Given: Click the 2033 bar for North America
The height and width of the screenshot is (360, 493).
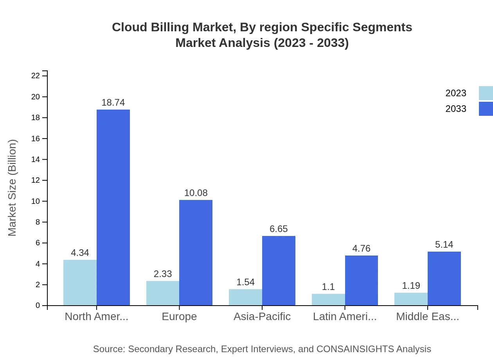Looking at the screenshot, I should (x=113, y=207).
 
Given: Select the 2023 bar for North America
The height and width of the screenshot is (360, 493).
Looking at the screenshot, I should (x=80, y=283).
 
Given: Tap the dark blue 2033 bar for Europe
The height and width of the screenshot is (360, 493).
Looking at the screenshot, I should (x=196, y=252).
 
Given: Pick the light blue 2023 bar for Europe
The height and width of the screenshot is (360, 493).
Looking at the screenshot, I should (x=163, y=293).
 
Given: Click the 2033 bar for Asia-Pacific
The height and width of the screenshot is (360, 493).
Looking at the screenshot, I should (x=279, y=270).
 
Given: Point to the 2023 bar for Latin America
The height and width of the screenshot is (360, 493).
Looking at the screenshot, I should (x=328, y=299).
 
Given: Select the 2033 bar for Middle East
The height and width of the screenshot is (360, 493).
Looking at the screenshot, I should (x=444, y=278).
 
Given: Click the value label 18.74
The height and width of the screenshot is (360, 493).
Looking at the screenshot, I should (x=113, y=103).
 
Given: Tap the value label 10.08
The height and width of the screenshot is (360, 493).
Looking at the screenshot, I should (x=196, y=193).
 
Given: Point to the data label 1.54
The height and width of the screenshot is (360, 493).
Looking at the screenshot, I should (x=245, y=282).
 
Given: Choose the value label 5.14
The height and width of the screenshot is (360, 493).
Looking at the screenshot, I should (x=444, y=245).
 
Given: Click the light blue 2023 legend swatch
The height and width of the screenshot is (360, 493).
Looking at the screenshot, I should (x=486, y=93).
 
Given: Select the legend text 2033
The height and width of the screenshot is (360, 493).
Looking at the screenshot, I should (x=456, y=109).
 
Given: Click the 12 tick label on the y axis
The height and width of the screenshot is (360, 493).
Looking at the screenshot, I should (x=36, y=180).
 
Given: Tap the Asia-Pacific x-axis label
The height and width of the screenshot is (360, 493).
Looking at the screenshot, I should (x=262, y=317).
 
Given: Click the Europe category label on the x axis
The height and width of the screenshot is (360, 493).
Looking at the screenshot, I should (x=179, y=317).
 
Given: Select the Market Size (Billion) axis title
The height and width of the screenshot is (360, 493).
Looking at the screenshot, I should (x=13, y=188).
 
